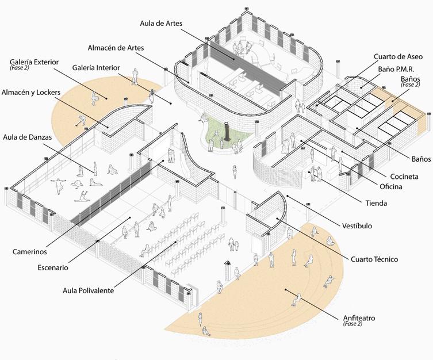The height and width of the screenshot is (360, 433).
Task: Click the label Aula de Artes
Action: (x=162, y=24)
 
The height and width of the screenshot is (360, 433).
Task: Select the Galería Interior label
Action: (x=96, y=67)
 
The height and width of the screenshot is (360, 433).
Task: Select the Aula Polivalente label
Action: (x=89, y=290)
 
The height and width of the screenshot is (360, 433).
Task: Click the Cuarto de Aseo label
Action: (x=398, y=56)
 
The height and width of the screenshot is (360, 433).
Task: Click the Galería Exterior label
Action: (x=34, y=62)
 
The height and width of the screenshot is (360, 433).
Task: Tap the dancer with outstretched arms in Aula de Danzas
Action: (x=58, y=183)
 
